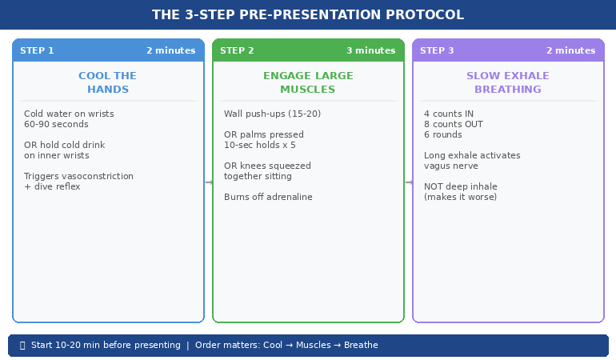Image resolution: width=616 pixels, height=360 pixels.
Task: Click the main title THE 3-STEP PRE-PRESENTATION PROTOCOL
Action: pos(308,15)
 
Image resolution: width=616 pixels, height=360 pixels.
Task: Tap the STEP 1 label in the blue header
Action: pos(37,50)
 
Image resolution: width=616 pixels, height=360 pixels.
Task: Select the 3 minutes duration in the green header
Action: pos(370,50)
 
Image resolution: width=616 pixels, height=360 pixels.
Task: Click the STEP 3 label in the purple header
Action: pos(437,50)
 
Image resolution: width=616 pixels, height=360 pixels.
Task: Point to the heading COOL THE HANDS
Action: pos(107,82)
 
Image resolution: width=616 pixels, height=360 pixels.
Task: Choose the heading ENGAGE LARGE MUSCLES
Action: pos(307,82)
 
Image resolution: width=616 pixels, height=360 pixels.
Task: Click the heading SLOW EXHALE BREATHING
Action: pos(507,82)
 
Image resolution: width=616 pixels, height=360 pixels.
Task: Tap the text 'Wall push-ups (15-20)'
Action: pos(272,114)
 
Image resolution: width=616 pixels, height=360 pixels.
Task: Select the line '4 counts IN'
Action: pos(448,114)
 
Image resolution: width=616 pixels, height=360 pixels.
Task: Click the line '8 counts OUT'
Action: pos(453,125)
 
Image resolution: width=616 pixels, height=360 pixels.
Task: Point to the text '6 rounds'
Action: pos(442,135)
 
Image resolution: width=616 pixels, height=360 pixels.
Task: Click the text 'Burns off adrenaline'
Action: pos(268,198)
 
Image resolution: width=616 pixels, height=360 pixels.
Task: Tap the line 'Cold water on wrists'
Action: pos(69,114)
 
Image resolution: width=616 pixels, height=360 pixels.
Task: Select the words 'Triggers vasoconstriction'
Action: pos(78,177)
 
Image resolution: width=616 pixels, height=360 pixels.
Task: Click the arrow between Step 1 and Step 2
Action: pos(208,182)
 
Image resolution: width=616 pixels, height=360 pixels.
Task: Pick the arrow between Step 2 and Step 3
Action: pos(408,182)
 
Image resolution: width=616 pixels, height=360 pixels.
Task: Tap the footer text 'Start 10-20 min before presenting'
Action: pos(106,346)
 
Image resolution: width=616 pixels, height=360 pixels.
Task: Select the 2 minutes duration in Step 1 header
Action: pos(170,50)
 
